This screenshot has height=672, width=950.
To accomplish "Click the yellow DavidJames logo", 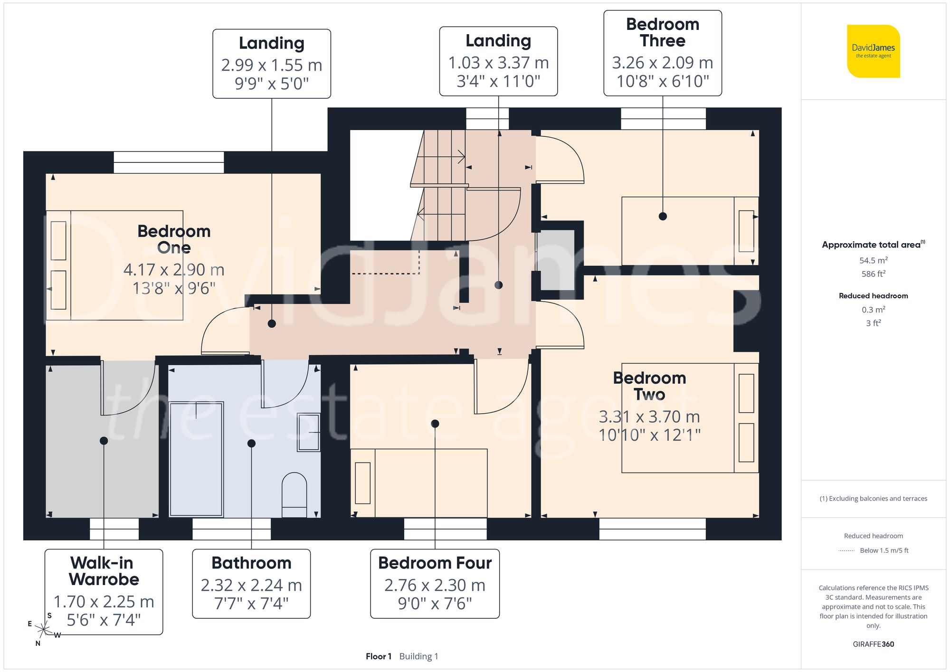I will pos(873,51).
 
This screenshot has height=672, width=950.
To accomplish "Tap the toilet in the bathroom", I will pos(294,494).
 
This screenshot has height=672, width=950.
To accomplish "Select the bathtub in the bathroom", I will pos(196,459).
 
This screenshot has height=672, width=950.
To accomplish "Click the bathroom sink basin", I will pos(309,432).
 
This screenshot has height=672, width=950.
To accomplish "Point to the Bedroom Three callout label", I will pos(662,53).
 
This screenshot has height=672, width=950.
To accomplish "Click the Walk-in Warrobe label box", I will pos(104,591).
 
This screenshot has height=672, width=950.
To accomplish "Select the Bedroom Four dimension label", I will pos(435,584).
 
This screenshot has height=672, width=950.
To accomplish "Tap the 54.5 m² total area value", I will pos(873,260).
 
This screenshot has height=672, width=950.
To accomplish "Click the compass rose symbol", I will pos(43,630).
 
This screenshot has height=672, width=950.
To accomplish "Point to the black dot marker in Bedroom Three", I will pos(663,217).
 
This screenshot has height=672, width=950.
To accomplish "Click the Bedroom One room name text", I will pos(174,239).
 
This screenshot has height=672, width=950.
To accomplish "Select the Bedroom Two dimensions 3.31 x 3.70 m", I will pos(649,416).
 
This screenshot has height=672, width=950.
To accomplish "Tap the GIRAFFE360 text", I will pos(873,644).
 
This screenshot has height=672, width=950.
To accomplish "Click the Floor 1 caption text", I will pos(379,656).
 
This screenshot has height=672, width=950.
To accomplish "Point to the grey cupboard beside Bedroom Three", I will pos(556,260).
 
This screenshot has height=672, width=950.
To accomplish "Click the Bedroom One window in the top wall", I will pos(169,162).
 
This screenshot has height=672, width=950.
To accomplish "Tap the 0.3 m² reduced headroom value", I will pos(873,310).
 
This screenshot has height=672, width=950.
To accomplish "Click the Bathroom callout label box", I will pos(251,584).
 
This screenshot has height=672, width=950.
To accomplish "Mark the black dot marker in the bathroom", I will pos(252,443).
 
